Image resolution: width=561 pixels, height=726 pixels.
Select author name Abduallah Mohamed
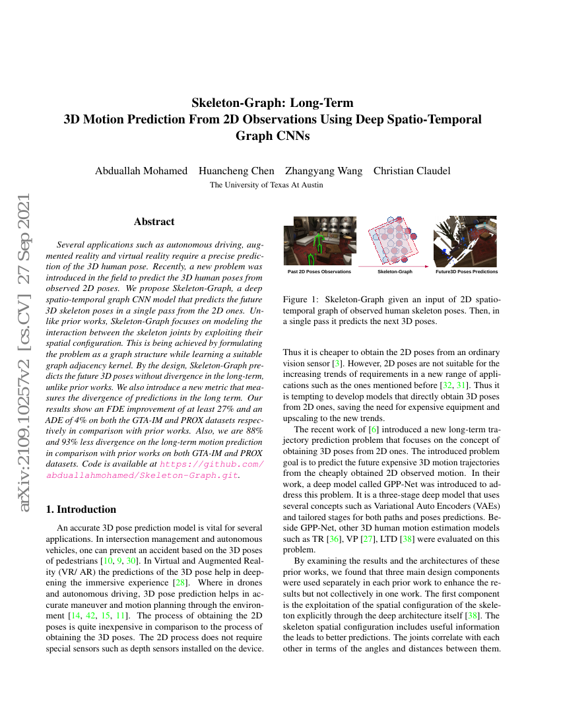point(141,171)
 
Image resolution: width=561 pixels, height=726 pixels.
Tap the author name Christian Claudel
point(412,171)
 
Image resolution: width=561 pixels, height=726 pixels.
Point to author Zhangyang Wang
point(323,171)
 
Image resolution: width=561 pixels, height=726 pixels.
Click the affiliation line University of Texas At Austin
point(266,185)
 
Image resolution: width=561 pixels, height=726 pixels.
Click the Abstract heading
point(154,222)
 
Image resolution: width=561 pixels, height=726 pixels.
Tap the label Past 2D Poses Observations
point(319,271)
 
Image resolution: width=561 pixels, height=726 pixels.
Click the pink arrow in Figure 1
point(394,265)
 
